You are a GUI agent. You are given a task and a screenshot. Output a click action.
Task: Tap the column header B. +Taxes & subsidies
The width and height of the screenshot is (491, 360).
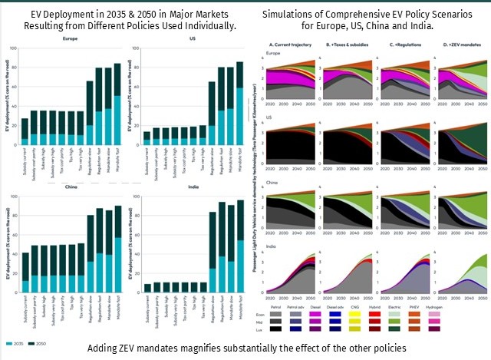[x=343, y=45]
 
